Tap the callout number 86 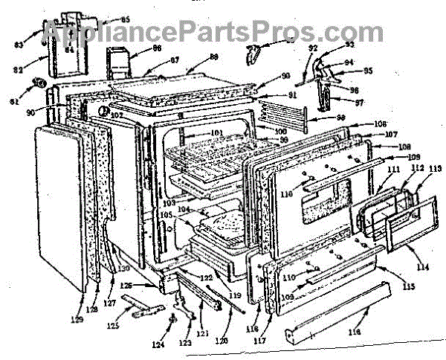pyautogui.click(x=157, y=48)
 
